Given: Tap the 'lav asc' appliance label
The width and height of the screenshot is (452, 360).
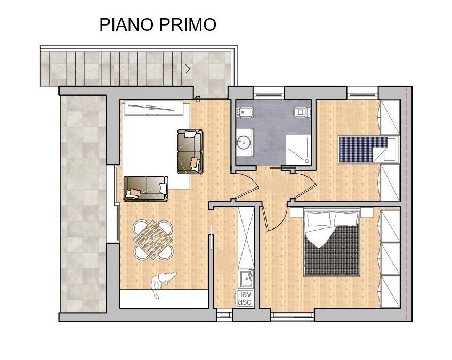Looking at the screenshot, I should click(245, 298).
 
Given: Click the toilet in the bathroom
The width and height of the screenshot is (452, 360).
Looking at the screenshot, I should click(301, 112).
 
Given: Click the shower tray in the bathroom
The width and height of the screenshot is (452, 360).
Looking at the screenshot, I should click(299, 149).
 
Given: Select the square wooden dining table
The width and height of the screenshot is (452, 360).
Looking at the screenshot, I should click(154, 240).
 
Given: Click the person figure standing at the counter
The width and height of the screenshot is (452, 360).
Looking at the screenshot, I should click(161, 282).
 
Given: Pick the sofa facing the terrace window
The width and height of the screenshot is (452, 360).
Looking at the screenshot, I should click(146, 189).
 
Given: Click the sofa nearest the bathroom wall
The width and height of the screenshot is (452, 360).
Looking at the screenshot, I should click(191, 151).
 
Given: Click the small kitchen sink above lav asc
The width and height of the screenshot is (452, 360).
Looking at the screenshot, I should click(245, 277).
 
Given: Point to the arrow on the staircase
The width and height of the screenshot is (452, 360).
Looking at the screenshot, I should click(187, 68).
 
